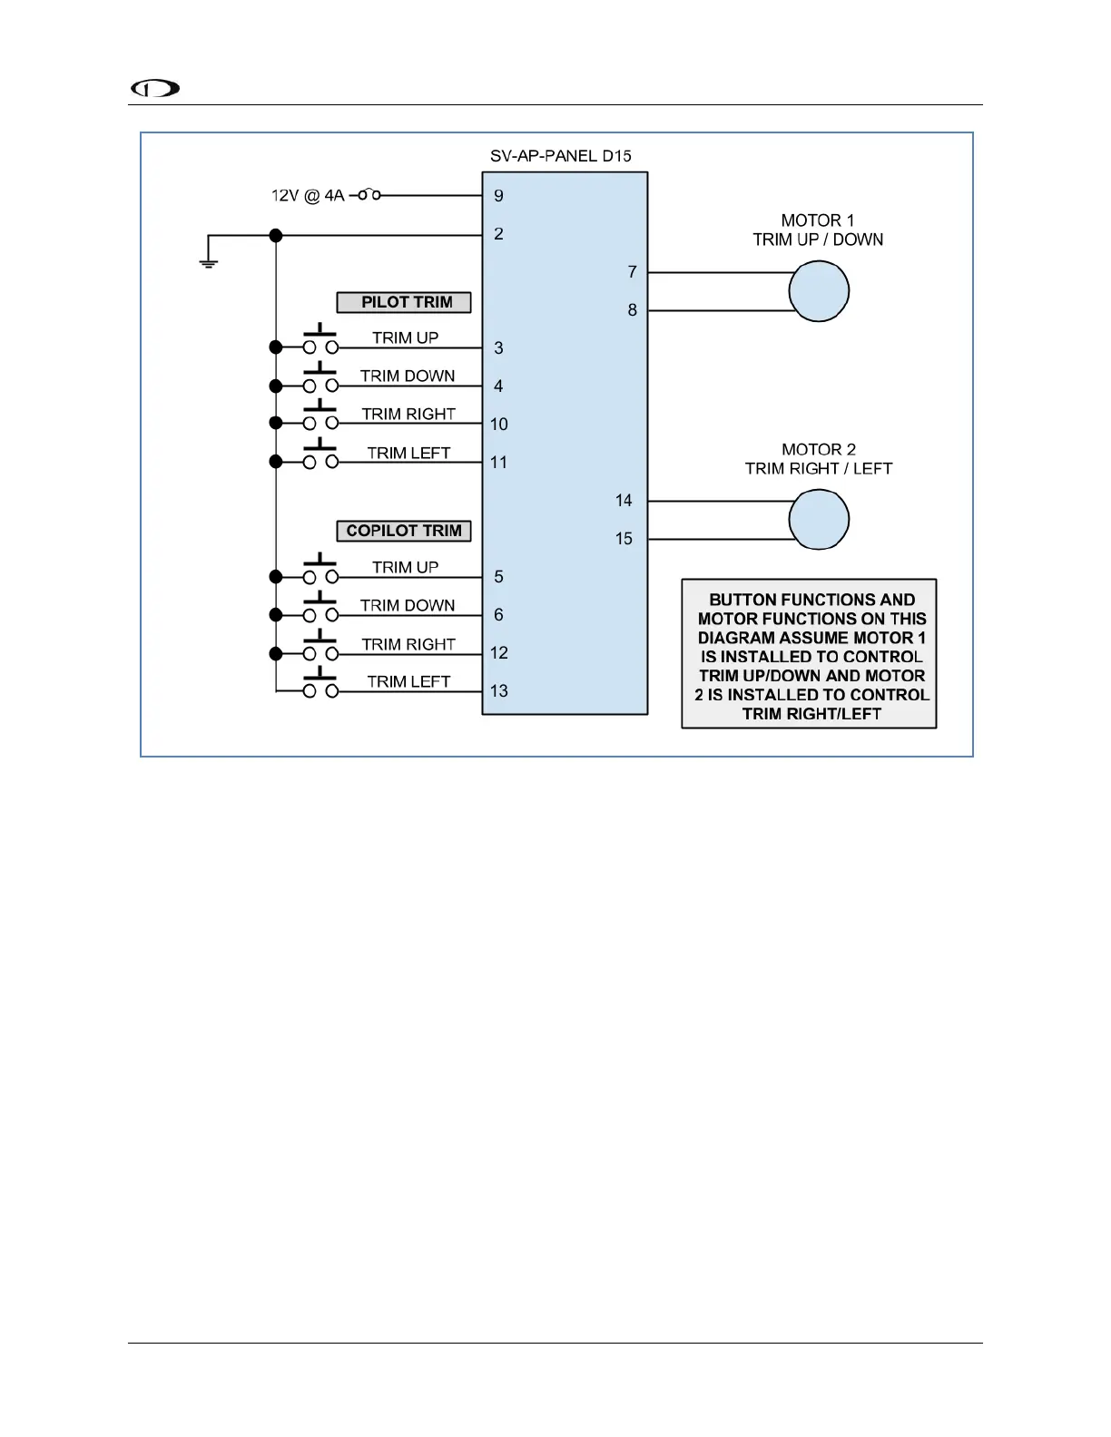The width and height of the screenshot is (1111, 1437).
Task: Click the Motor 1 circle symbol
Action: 819,291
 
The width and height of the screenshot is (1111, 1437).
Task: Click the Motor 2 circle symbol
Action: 819,520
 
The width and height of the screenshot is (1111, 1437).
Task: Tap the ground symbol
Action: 209,262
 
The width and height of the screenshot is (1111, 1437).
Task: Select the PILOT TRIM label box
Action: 404,302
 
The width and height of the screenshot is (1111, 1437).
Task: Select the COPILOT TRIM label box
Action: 404,531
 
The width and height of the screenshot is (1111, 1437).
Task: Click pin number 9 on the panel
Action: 498,196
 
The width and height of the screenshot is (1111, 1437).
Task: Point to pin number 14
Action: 624,501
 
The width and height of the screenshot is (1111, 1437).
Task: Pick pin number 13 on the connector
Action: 498,691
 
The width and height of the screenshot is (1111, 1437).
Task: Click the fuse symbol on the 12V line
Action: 367,195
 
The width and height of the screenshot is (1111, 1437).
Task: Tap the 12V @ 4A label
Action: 308,196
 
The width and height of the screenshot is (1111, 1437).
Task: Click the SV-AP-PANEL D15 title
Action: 561,156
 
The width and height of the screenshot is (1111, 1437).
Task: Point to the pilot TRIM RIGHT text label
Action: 408,415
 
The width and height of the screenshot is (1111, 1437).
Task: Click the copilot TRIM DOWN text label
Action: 408,605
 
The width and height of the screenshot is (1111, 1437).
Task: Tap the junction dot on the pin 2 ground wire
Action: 276,236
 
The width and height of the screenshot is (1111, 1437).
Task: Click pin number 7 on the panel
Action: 632,272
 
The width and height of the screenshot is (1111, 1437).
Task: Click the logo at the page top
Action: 155,88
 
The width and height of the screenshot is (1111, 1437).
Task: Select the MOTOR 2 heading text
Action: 819,450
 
